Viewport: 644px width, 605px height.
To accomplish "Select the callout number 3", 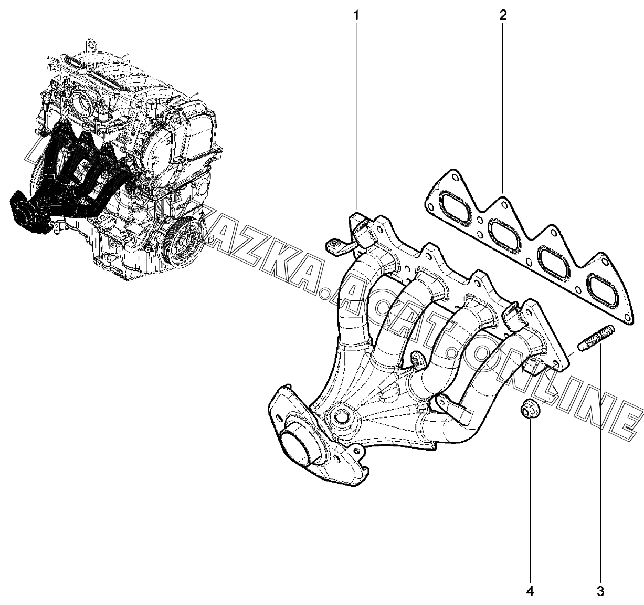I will (x=600, y=591).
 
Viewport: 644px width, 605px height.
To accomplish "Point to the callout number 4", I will (x=530, y=591).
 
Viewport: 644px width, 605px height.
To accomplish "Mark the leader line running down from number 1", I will (x=357, y=116).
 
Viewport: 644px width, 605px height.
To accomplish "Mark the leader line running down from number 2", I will (x=502, y=105).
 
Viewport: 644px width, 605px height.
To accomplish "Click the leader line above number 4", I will (x=530, y=499).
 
